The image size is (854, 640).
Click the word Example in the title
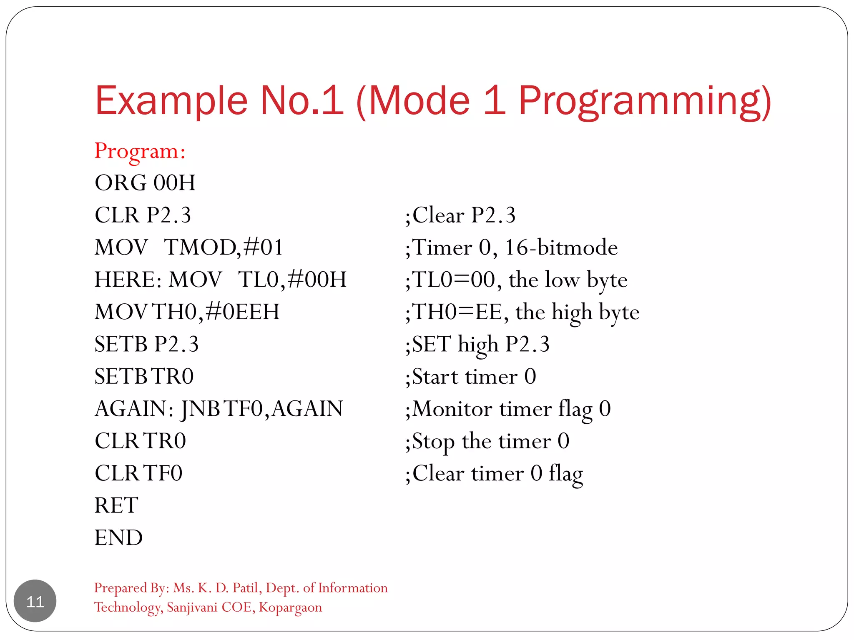click(x=171, y=101)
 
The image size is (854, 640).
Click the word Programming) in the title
click(x=644, y=101)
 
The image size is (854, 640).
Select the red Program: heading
click(x=140, y=151)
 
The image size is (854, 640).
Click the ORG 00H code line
click(x=145, y=183)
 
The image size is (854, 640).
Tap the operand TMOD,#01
click(x=224, y=247)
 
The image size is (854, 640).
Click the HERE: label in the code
click(x=128, y=280)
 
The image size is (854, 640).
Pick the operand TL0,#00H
click(x=292, y=280)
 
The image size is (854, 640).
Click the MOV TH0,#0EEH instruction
click(x=187, y=312)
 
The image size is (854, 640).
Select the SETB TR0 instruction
click(x=144, y=376)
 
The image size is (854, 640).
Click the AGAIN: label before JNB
click(x=134, y=409)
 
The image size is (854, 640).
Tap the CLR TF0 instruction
click(x=138, y=473)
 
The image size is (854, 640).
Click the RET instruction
click(x=116, y=505)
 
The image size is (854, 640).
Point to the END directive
click(x=118, y=537)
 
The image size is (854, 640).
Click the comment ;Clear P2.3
click(x=460, y=215)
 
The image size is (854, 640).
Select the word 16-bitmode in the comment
click(x=561, y=247)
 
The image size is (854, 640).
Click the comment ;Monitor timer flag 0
click(x=507, y=409)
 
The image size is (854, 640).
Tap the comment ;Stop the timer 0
click(x=487, y=441)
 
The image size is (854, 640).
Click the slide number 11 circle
click(x=35, y=601)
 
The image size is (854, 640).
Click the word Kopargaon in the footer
click(x=290, y=607)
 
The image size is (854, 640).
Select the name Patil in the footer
click(x=246, y=588)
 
